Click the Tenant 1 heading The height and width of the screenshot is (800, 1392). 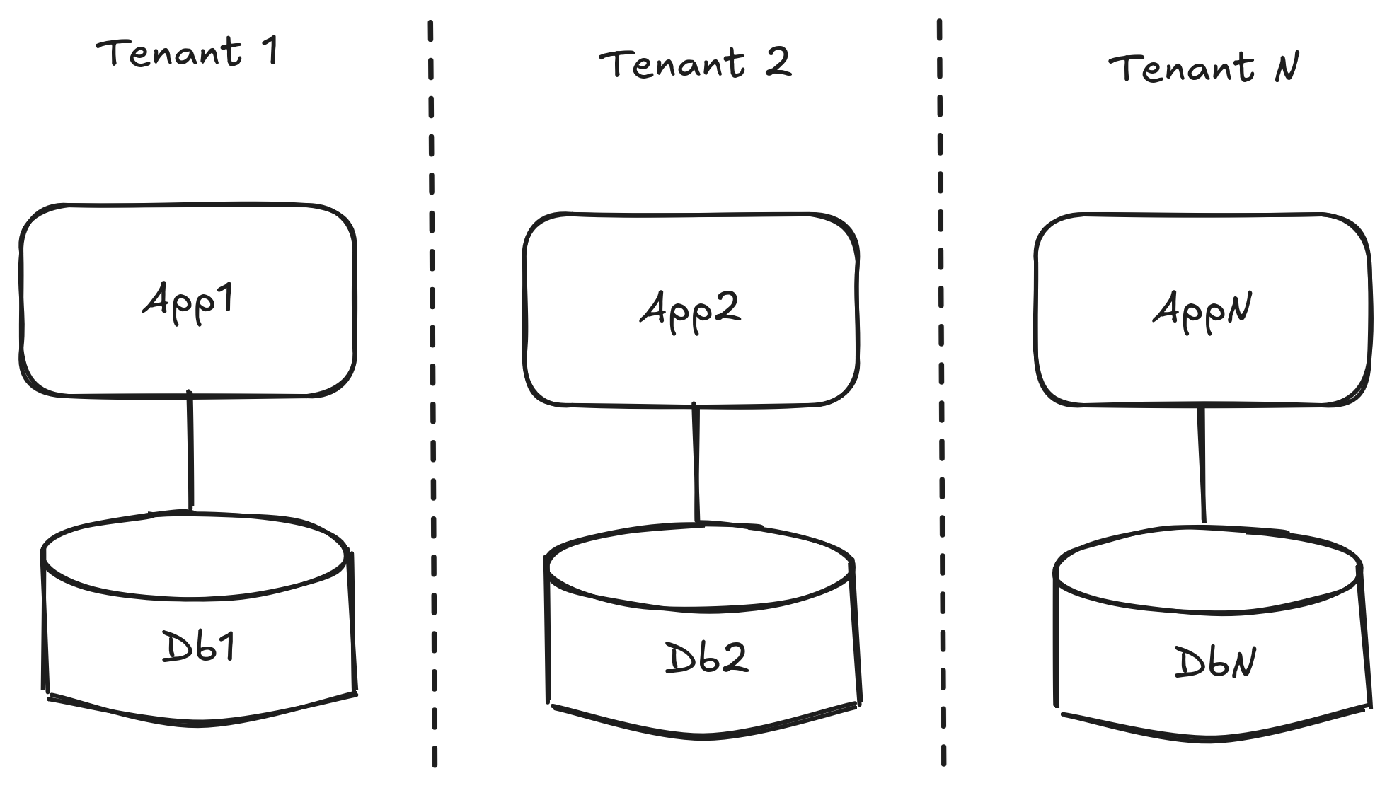pos(188,53)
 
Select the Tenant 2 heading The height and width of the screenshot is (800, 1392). pos(694,63)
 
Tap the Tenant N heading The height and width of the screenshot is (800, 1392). pos(1203,69)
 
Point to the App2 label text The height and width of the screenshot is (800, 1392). pos(691,310)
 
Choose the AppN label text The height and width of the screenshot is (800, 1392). pos(1202,311)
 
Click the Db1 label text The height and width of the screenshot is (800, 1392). pos(198,647)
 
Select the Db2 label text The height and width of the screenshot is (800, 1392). pos(706,659)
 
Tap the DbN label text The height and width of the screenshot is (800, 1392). pos(1214,663)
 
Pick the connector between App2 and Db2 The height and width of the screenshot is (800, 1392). pos(696,464)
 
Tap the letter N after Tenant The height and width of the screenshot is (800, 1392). pos(1287,69)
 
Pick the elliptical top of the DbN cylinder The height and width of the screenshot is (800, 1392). pos(1207,570)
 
